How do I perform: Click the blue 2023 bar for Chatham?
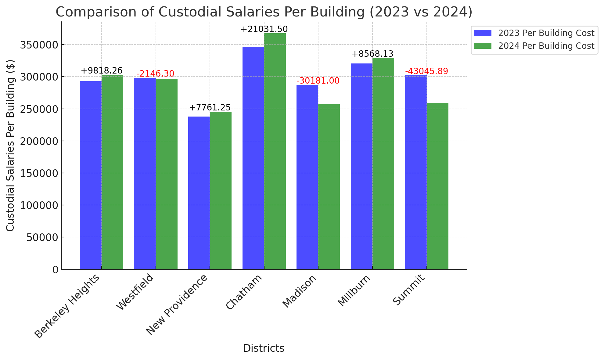coord(253,158)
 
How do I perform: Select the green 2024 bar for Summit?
coord(437,186)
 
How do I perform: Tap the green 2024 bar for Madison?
coord(329,187)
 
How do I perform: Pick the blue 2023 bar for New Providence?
coord(199,193)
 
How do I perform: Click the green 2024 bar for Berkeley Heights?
coord(112,172)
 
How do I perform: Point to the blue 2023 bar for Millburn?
coord(361,166)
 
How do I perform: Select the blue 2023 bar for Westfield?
coord(145,174)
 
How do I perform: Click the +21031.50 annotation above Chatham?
coord(264,29)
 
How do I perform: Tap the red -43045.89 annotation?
coord(427,71)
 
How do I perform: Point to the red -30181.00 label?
coord(318,81)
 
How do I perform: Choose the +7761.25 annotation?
coord(210,108)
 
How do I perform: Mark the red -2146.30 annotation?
coord(156,74)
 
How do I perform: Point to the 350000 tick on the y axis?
coord(39,45)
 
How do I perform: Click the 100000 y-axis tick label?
coord(39,205)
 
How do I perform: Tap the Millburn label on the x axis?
coord(354,290)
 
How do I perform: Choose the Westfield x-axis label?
coord(135,292)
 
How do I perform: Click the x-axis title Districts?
coord(264,348)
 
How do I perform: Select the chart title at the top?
coord(264,12)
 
